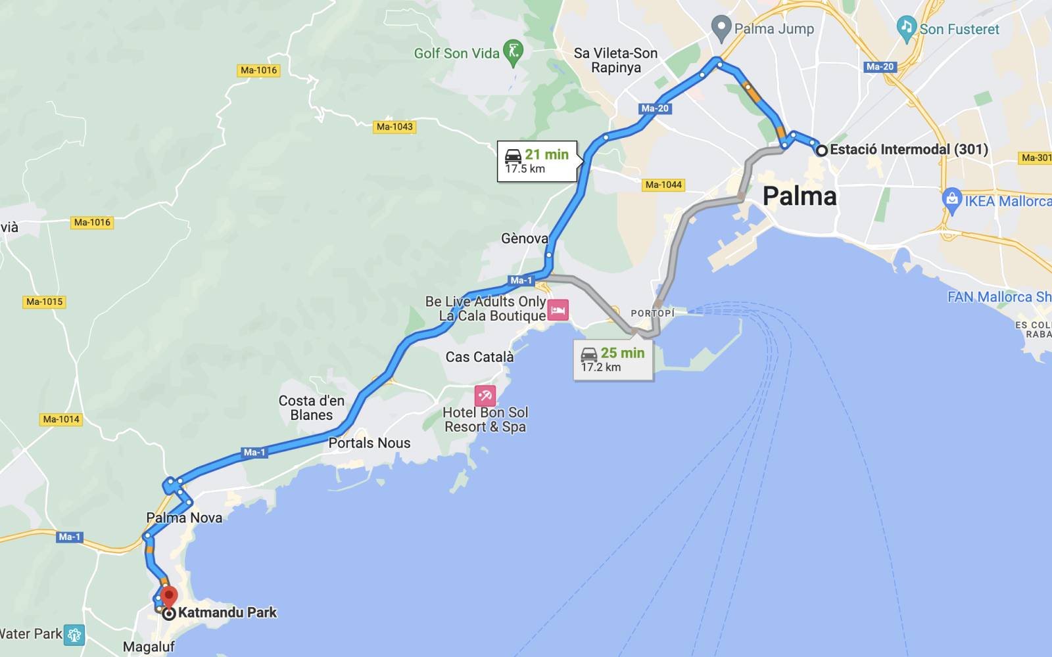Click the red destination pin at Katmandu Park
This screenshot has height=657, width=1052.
169,596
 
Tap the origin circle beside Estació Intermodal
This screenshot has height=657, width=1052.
821,150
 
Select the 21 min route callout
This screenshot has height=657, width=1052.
537,161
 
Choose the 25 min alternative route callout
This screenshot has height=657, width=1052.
613,359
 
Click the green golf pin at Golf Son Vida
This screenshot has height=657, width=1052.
513,52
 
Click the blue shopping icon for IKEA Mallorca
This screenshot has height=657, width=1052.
951,200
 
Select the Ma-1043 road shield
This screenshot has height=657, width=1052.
394,127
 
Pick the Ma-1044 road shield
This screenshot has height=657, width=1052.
663,185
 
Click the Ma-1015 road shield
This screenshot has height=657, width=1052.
45,302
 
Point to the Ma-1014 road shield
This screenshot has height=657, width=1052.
61,419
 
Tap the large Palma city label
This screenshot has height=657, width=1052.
800,196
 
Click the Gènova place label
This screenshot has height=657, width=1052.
525,238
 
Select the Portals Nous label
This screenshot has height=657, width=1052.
370,443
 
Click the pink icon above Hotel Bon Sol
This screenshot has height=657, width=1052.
485,396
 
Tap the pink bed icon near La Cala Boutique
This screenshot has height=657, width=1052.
558,309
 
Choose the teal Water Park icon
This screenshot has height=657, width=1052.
74,635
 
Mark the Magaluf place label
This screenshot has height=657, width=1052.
149,646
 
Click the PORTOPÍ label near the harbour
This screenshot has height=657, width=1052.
652,313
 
